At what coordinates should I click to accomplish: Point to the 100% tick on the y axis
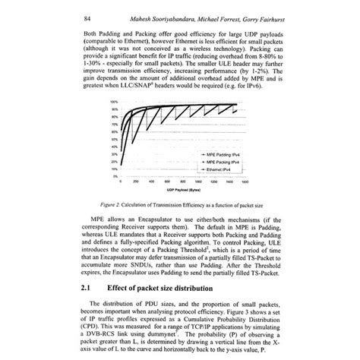[113, 100]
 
